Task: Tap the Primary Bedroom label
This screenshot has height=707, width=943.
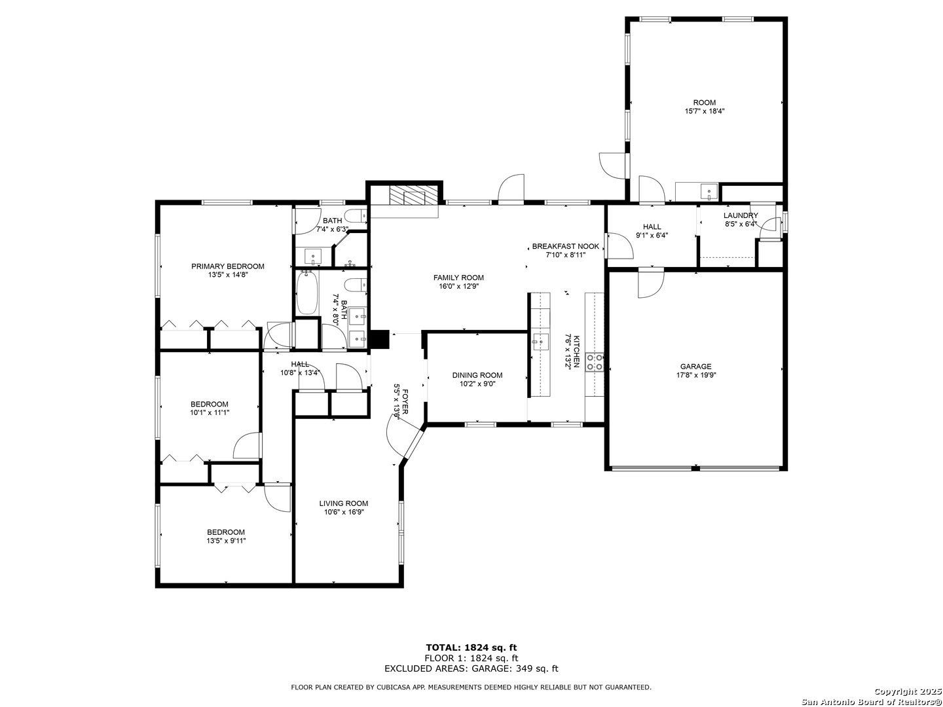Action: click(228, 266)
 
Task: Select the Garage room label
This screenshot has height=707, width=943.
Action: click(695, 366)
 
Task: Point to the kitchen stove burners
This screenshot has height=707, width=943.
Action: click(595, 362)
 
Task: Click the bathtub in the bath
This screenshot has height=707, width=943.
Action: click(306, 292)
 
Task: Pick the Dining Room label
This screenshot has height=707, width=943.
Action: click(477, 375)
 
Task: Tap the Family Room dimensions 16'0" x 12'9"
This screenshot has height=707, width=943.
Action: click(458, 286)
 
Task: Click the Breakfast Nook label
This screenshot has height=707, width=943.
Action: click(565, 246)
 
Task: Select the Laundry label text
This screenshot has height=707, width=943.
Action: click(741, 215)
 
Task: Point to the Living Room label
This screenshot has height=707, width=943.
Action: click(344, 503)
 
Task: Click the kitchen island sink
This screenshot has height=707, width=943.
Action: click(540, 342)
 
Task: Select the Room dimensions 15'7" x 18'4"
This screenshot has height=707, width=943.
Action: click(705, 111)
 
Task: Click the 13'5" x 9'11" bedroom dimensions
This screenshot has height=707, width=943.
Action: click(226, 541)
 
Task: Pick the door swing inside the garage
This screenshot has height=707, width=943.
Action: click(651, 283)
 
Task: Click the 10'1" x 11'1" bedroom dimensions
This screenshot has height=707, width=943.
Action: click(210, 412)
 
